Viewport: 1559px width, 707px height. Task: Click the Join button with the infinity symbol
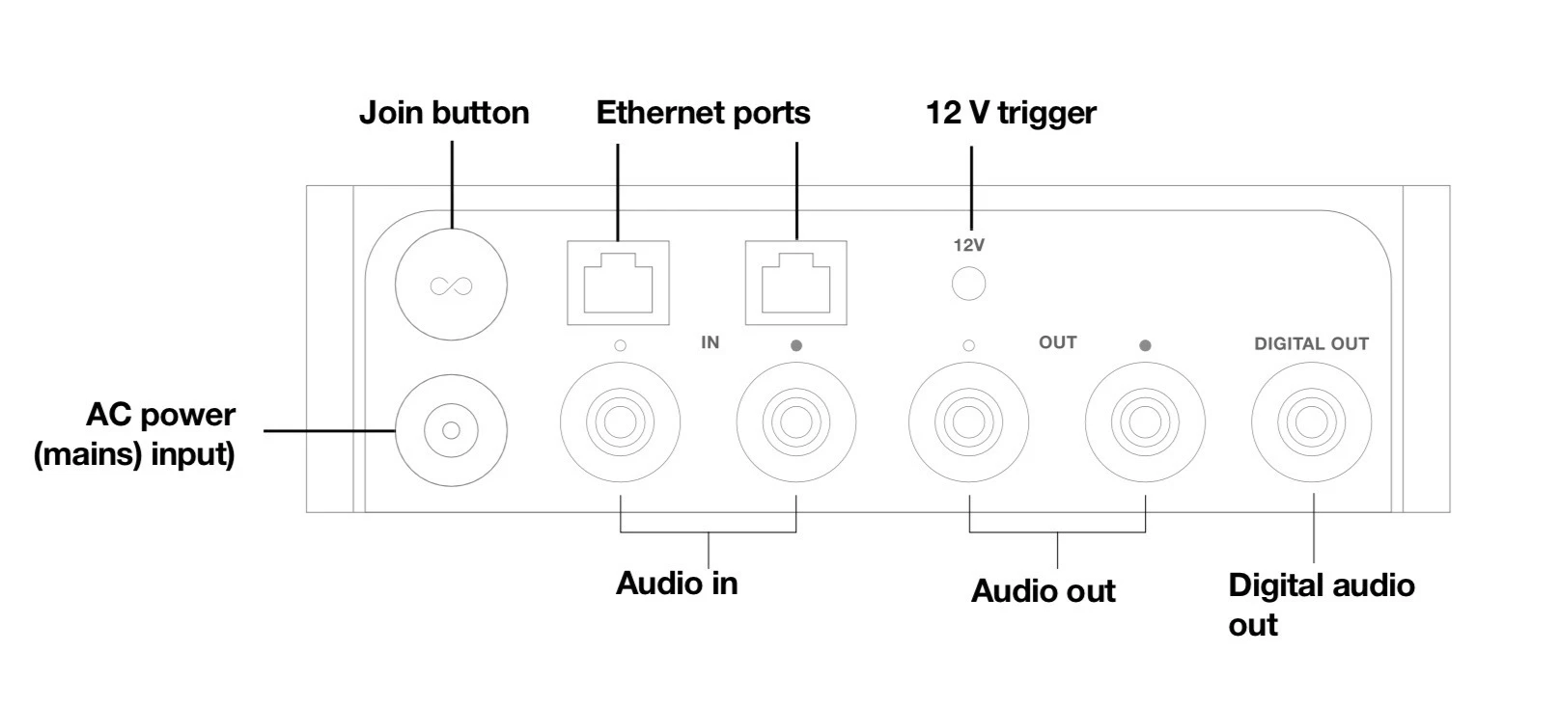coord(451,285)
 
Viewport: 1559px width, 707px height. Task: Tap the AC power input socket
coord(451,430)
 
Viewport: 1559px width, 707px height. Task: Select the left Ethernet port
coord(618,284)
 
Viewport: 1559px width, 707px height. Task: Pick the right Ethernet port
coord(796,284)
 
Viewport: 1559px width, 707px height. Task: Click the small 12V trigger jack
coord(968,285)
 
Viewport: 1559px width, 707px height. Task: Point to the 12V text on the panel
coord(968,245)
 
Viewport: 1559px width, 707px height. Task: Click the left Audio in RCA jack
coord(620,421)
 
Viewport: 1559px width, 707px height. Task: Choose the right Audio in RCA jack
coord(795,421)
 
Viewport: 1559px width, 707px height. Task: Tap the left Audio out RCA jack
coord(968,421)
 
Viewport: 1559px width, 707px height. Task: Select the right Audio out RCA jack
coord(1145,421)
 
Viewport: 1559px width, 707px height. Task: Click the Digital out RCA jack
coord(1311,421)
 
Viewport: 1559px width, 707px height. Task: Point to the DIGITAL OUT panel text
coord(1311,343)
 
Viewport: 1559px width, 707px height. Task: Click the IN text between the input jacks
coord(710,342)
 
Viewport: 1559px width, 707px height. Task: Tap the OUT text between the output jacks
coord(1057,342)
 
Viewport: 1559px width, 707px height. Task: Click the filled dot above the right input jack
coord(795,345)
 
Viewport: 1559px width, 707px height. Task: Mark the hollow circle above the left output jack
coord(968,345)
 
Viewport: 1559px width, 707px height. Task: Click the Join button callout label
coord(444,113)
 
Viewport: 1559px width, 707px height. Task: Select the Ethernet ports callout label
coord(703,113)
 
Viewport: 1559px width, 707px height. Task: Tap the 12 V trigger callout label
coord(1011,113)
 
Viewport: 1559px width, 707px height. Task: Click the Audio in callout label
coord(677,584)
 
